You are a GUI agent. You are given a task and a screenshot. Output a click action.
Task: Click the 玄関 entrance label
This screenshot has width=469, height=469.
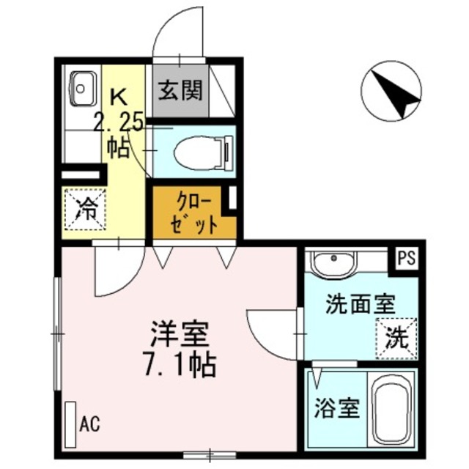point(180,92)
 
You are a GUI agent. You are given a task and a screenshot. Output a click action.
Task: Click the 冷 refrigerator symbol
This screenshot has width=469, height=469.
point(86,210)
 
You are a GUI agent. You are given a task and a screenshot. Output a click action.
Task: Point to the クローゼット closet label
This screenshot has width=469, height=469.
point(194,213)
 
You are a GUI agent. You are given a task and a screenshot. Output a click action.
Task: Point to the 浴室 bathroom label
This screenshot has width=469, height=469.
point(338,407)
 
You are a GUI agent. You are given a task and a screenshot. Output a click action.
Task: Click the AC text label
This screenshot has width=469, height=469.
point(89,423)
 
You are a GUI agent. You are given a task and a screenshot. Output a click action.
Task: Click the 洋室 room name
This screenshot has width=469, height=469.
point(180,336)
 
